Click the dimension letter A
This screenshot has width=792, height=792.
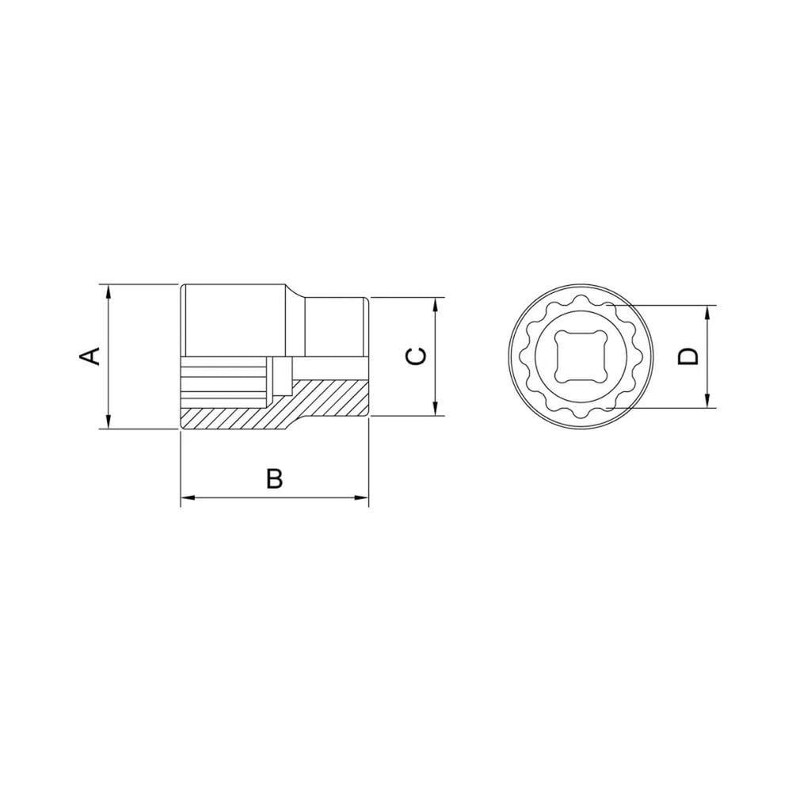click(x=90, y=356)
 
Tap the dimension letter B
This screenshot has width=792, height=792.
click(x=274, y=478)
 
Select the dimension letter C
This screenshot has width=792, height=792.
click(x=417, y=356)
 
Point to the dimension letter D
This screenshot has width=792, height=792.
click(x=688, y=356)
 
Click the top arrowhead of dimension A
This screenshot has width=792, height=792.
click(x=108, y=291)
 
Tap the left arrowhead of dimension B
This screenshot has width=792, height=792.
click(x=188, y=498)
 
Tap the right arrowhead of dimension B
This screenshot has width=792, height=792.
click(x=361, y=498)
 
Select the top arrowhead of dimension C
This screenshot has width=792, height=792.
click(x=436, y=305)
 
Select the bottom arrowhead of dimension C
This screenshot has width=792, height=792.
click(x=436, y=409)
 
